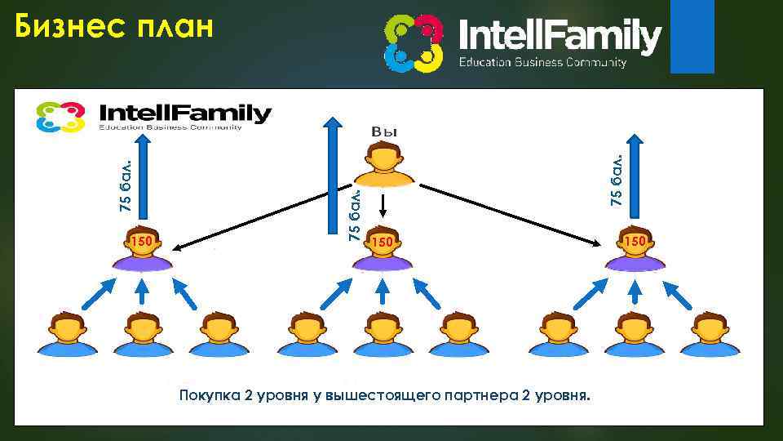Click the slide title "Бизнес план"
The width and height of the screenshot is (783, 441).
point(114,28)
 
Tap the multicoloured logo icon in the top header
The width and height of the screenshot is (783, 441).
point(414,42)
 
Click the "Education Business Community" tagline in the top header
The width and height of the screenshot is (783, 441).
point(542,62)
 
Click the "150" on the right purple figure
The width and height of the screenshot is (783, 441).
point(635,241)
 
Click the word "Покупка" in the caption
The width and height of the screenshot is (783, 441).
point(209,396)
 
